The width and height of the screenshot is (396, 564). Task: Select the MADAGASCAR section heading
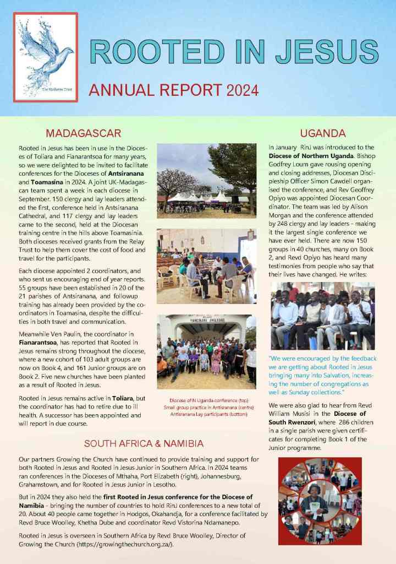click(x=83, y=133)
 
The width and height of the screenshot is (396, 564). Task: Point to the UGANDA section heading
click(x=322, y=133)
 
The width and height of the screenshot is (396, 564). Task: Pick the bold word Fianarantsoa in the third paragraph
click(x=40, y=340)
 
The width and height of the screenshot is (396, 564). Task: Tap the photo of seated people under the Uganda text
click(x=322, y=316)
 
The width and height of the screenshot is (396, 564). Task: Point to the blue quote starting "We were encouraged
click(x=322, y=375)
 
